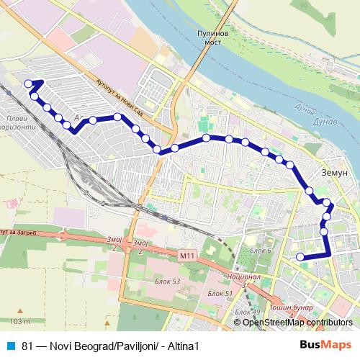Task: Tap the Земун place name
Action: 336,174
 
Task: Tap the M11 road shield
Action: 187,256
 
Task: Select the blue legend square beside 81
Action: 11,345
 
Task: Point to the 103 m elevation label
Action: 21,320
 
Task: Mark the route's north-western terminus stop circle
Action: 29,84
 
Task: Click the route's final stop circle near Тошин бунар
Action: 300,257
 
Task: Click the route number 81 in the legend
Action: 27,345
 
